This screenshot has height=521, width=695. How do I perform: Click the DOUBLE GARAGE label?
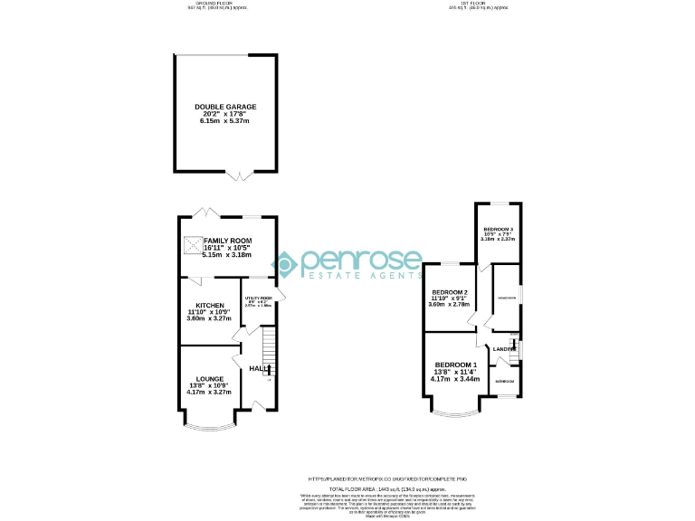point(225,107)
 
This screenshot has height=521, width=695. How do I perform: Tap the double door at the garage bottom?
point(239,174)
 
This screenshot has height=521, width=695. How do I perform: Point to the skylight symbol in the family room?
point(193,243)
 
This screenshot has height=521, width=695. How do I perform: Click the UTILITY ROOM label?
point(258,297)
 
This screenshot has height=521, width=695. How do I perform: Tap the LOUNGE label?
point(209,379)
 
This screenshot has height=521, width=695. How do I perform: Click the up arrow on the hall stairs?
point(268,369)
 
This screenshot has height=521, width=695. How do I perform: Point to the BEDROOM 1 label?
point(454,364)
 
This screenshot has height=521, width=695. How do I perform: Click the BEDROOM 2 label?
point(450,293)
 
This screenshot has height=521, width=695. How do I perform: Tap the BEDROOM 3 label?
point(498,230)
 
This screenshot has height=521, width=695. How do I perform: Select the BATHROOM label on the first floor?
point(504,382)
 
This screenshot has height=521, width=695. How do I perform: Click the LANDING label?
point(503,348)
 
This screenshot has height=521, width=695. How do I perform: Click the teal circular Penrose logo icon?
point(286,264)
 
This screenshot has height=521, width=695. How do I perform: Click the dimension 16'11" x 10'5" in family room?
point(221,249)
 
